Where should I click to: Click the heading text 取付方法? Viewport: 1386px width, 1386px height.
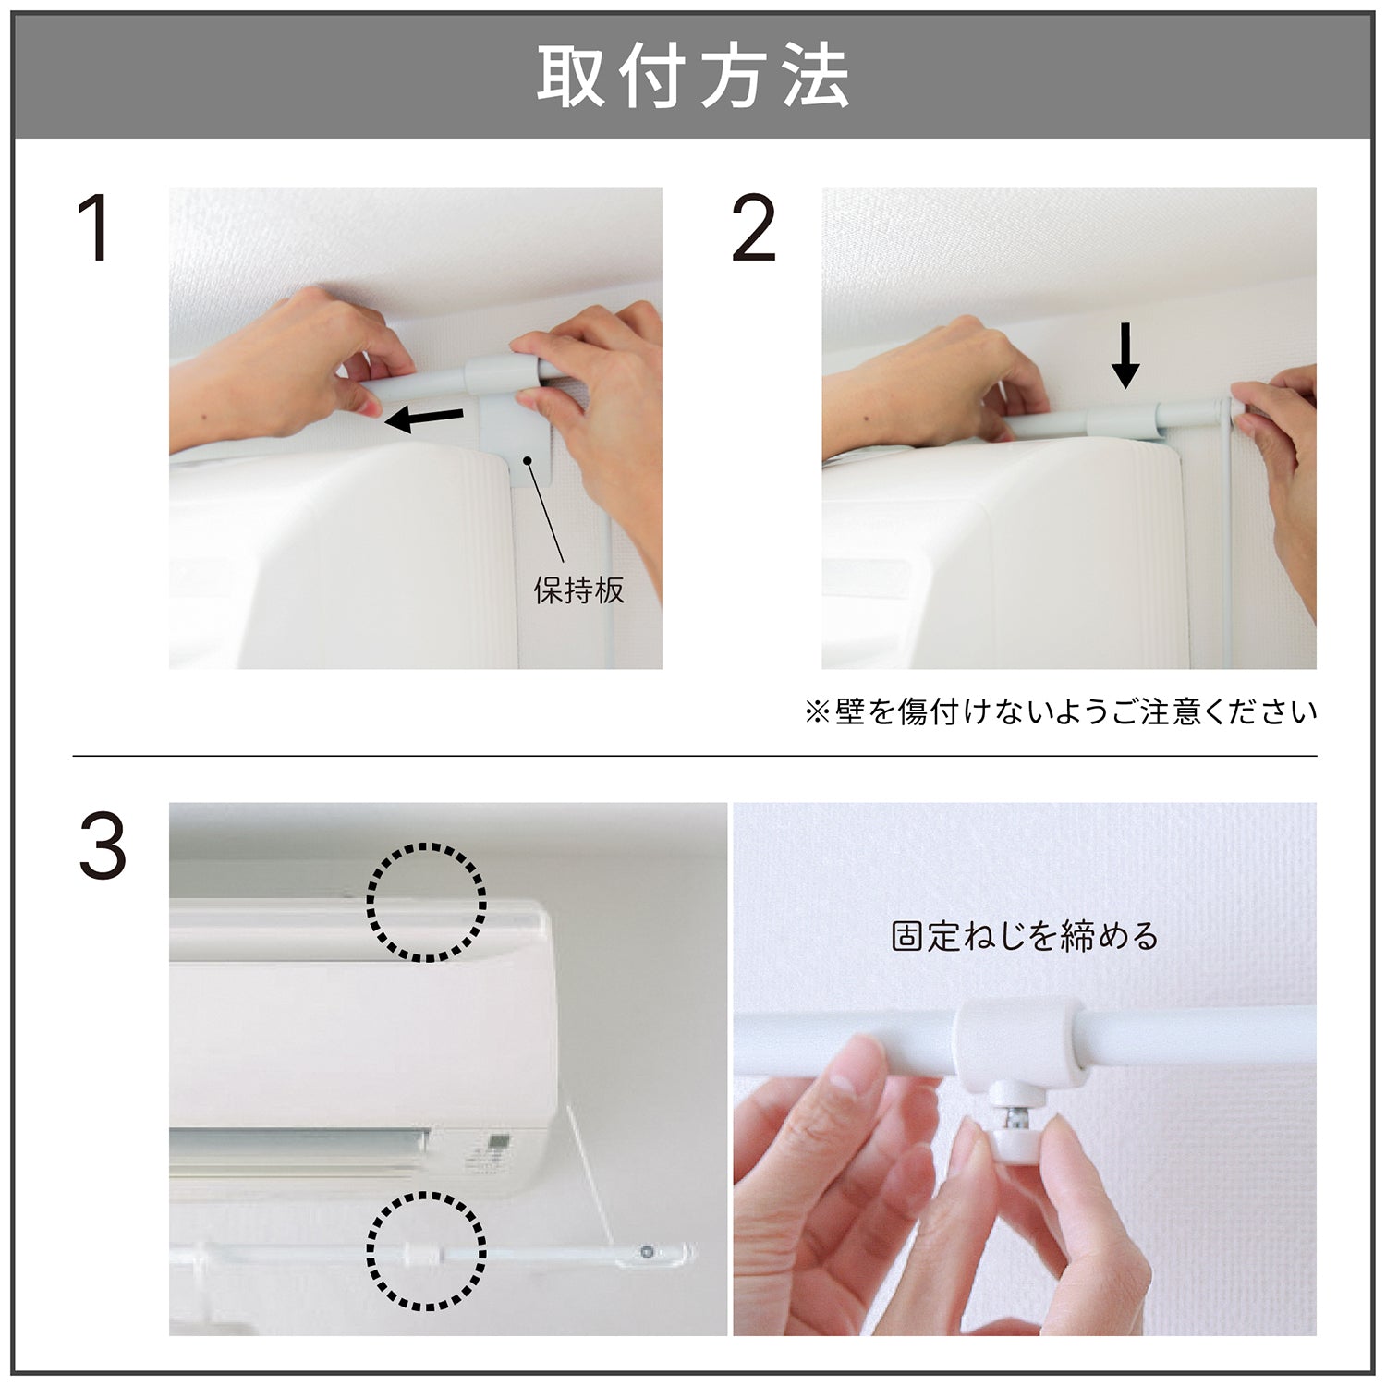tap(693, 78)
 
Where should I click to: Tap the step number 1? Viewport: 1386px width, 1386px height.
tap(96, 229)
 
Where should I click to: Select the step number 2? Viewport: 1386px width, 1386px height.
tap(754, 229)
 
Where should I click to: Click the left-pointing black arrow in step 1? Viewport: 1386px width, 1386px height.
tap(424, 419)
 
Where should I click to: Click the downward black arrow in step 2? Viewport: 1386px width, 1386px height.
tap(1125, 355)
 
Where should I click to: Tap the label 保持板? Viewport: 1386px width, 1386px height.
tap(579, 590)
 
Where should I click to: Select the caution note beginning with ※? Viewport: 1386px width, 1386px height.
tap(1061, 712)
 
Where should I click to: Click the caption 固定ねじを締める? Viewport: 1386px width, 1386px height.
tap(1025, 937)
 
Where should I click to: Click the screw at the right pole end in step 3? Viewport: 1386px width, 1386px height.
tap(645, 1253)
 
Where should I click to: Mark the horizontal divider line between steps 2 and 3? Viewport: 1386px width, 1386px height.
tap(695, 756)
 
